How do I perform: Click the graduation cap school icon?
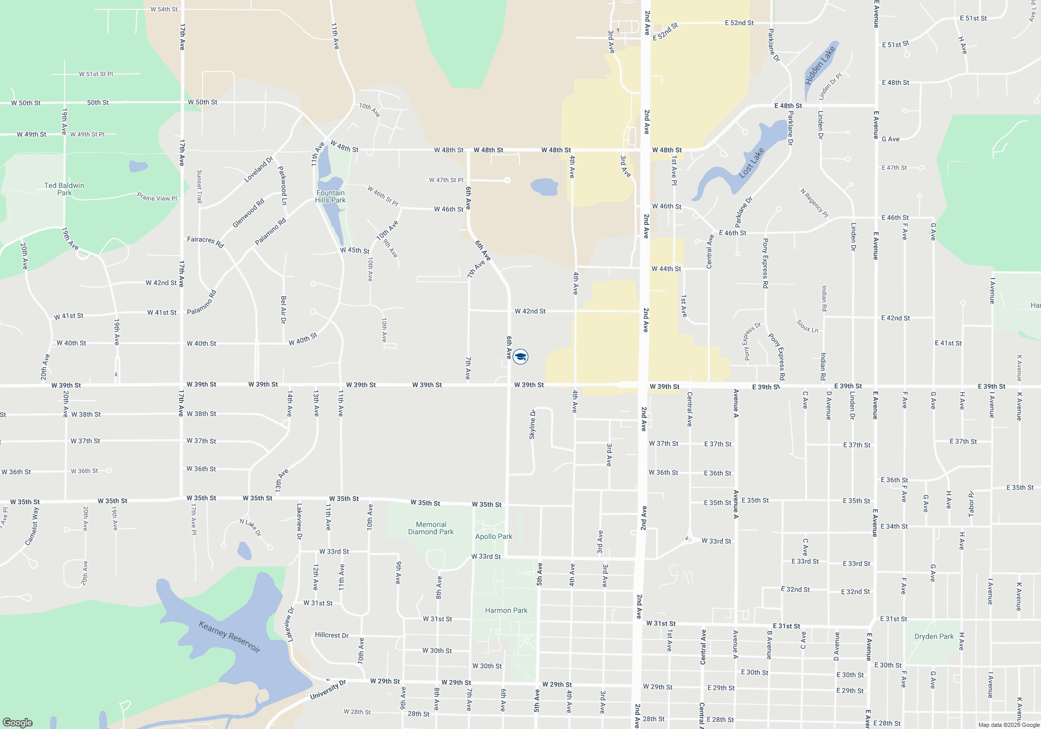pos(520,357)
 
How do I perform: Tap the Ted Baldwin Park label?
pos(64,189)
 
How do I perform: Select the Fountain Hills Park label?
pos(330,196)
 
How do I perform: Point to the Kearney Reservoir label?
pos(230,636)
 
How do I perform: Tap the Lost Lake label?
pos(752,162)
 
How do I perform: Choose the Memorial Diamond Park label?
pos(431,528)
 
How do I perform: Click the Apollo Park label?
pos(493,536)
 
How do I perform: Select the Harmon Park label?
pos(506,610)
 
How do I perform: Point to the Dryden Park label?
pos(934,636)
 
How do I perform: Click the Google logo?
pos(18,723)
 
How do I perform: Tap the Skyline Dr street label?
pos(532,424)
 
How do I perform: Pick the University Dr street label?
pos(328,690)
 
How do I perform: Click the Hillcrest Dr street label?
pos(332,635)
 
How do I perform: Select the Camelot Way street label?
pos(32,526)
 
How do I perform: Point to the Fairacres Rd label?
pos(206,242)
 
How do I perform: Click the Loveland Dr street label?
pos(259,170)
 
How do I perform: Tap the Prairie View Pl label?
pos(157,197)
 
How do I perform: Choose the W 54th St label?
pos(164,9)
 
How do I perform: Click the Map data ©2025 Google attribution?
pos(1008,725)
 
